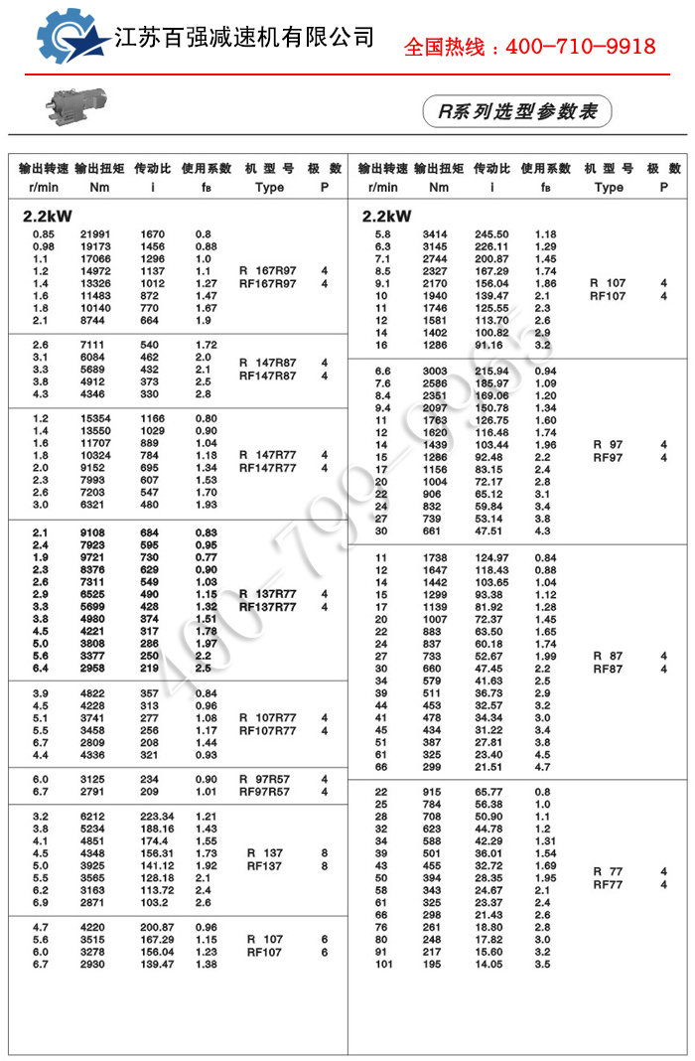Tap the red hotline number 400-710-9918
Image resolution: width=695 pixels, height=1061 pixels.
529,47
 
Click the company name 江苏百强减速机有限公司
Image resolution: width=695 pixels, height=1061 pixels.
244,38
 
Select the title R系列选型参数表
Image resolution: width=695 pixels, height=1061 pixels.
517,111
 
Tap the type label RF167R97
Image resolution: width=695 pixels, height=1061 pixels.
268,284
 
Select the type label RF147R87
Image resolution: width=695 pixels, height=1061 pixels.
268,377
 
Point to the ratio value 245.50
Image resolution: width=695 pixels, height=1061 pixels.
491,234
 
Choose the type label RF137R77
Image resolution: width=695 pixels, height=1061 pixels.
268,607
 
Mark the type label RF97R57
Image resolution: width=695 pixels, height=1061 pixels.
265,792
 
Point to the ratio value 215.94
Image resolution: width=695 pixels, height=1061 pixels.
491,371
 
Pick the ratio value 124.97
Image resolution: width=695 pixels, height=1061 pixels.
491,558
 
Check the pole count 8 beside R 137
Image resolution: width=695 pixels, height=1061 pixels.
325,853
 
